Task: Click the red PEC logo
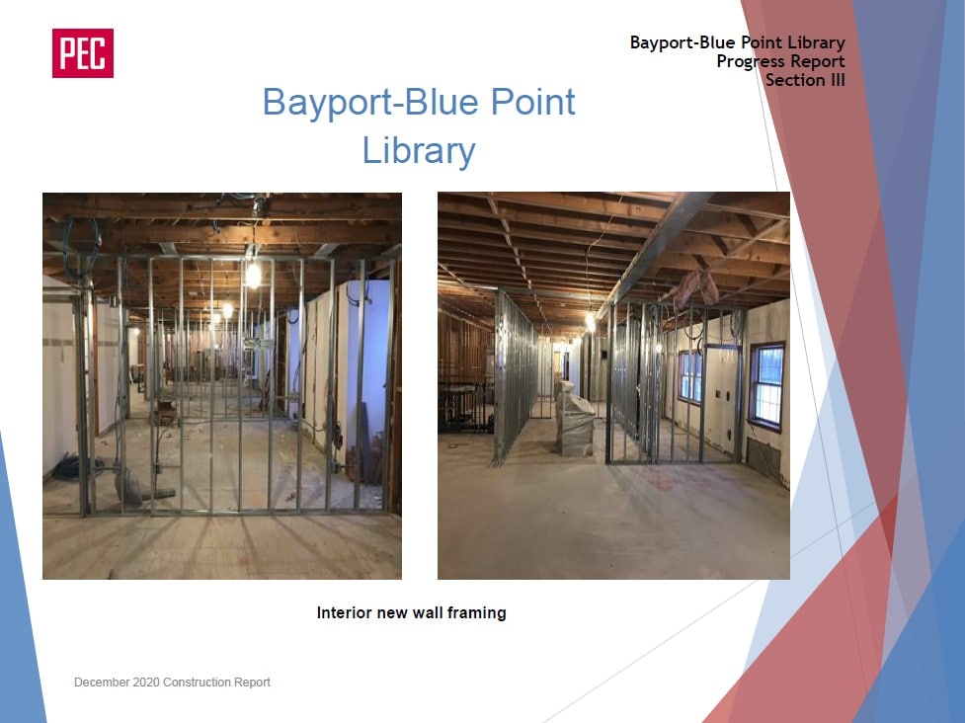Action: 82,53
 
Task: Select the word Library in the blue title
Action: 419,151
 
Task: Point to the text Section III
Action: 805,80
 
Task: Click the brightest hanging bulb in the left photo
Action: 253,275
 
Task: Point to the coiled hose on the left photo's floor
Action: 73,467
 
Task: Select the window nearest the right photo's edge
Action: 767,386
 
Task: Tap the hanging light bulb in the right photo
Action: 591,322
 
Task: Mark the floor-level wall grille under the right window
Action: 764,457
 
